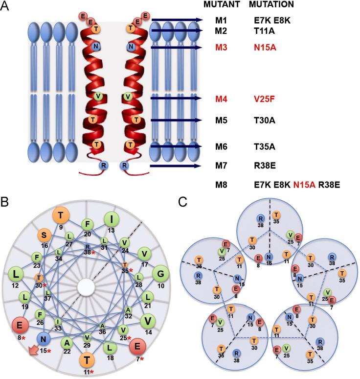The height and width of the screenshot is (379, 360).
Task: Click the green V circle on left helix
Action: click(x=98, y=96)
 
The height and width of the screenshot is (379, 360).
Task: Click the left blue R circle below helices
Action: click(x=103, y=166)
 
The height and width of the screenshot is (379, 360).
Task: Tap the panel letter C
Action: click(x=183, y=201)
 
